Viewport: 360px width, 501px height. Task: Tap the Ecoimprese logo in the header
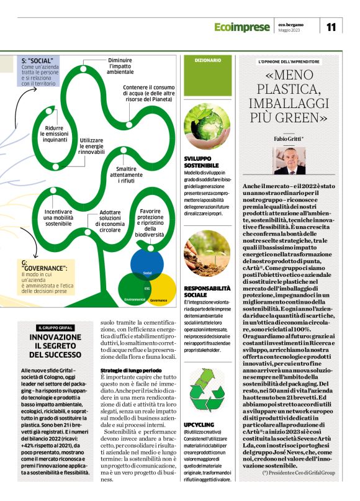243,27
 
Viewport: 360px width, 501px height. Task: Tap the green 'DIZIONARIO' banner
207,60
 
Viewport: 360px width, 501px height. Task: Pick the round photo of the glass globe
207,127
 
